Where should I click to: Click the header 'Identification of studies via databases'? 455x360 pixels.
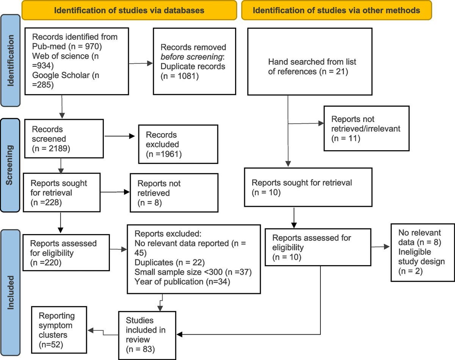click(x=129, y=10)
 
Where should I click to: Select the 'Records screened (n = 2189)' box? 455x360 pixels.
click(x=63, y=138)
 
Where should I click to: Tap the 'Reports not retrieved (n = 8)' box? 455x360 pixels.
click(x=174, y=193)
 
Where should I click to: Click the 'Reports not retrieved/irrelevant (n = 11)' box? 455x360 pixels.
click(x=366, y=129)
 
